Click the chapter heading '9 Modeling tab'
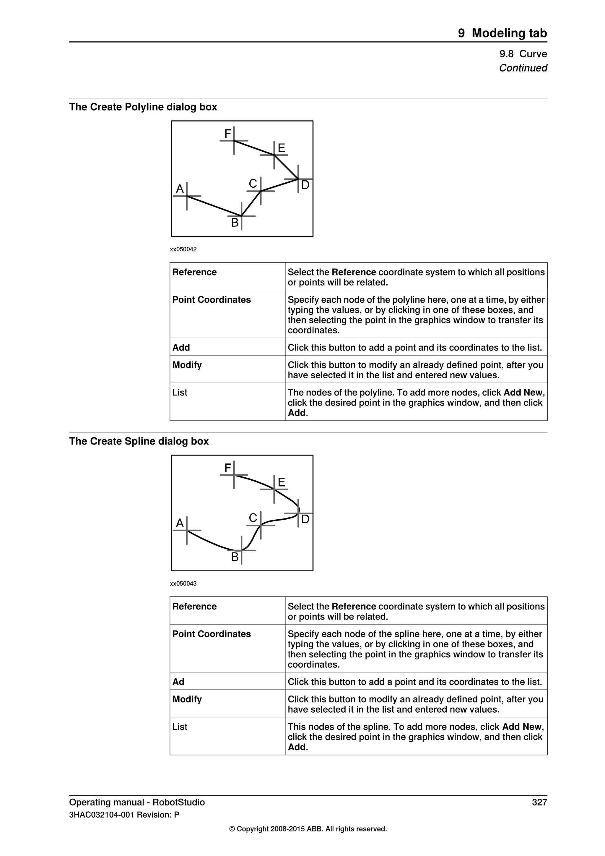click(x=502, y=33)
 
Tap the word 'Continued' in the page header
click(x=523, y=68)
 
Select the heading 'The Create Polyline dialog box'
click(x=143, y=107)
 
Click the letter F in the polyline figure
click(x=227, y=134)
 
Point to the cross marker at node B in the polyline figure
click(x=241, y=216)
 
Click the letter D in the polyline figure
click(x=305, y=185)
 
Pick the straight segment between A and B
click(x=214, y=206)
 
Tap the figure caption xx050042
click(x=183, y=249)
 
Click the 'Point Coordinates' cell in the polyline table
click(x=211, y=300)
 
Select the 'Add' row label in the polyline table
click(x=181, y=348)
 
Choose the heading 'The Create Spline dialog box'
click(x=139, y=441)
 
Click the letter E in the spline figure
click(x=281, y=482)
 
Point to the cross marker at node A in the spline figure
click(x=187, y=530)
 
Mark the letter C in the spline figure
click(x=253, y=518)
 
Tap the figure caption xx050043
click(x=183, y=583)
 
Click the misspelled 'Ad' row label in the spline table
click(x=178, y=682)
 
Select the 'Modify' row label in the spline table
click(x=187, y=699)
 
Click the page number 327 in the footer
click(x=539, y=802)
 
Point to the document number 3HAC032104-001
click(x=102, y=815)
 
